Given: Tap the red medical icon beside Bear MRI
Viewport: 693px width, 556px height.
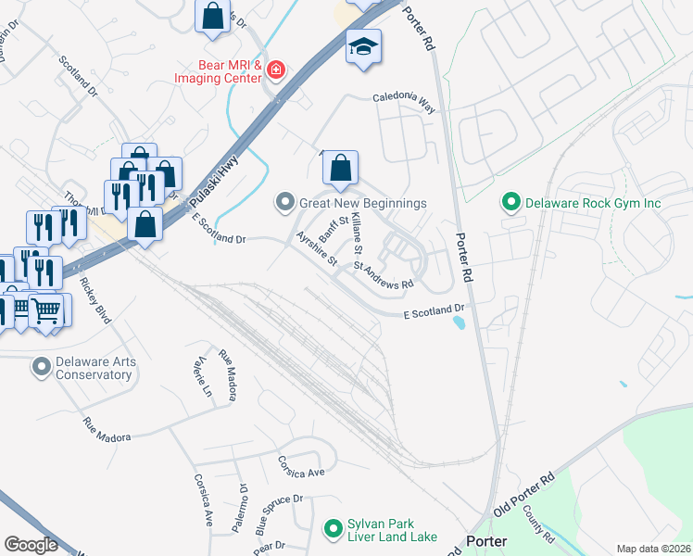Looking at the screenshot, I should [x=275, y=70].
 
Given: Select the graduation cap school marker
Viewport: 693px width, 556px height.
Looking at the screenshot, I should [x=363, y=47].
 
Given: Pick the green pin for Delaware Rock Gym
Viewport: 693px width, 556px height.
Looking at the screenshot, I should [x=510, y=201].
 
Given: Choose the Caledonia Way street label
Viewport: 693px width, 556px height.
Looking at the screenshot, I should [x=404, y=97].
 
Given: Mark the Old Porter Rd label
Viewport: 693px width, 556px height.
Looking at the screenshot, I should [x=523, y=496].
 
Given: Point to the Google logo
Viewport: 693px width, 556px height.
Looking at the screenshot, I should [x=31, y=545].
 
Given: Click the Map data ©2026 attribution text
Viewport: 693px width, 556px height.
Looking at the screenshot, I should [x=653, y=549].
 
